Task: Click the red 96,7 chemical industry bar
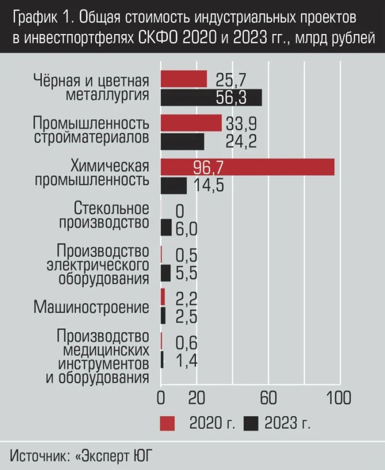tap(247, 167)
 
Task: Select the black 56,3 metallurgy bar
tap(211, 98)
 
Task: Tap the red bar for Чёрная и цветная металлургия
tap(184, 79)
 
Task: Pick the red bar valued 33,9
tap(191, 123)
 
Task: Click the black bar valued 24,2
tap(182, 142)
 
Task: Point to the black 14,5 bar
tap(173, 186)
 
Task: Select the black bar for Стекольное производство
tap(166, 228)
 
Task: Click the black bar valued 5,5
tap(165, 273)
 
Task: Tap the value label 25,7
tap(229, 79)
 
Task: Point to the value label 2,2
tap(186, 298)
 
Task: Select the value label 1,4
tap(186, 361)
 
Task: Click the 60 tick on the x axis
tap(268, 397)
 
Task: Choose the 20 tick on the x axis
tap(196, 397)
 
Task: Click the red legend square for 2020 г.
tap(167, 422)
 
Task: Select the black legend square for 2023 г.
tap(252, 422)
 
